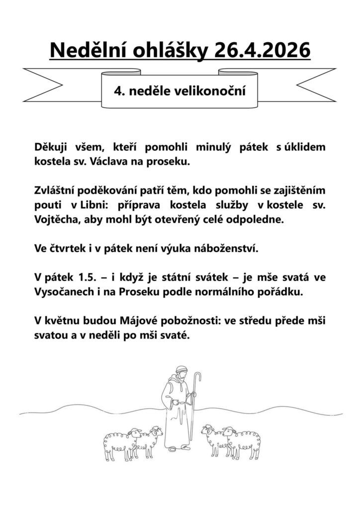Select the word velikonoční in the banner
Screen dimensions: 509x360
click(x=214, y=91)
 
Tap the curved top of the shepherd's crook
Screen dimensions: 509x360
click(x=198, y=376)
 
